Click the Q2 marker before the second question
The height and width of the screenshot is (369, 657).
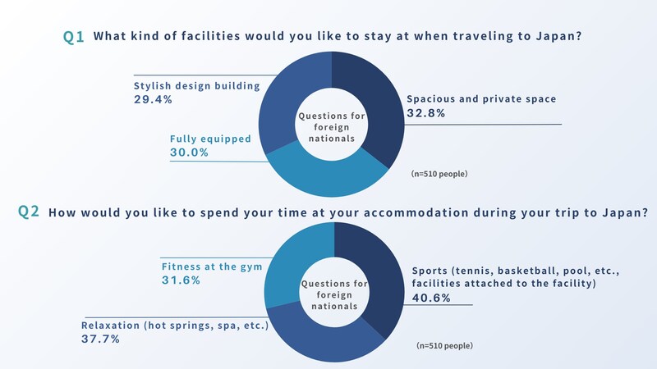click(x=29, y=212)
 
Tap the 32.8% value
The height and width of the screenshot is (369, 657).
click(x=425, y=113)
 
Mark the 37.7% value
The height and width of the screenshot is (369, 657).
click(x=100, y=339)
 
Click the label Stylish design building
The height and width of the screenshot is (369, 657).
click(x=196, y=84)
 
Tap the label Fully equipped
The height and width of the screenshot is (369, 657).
click(x=210, y=139)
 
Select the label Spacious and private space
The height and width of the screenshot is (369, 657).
click(x=481, y=98)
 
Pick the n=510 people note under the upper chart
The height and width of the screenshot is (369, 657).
click(x=439, y=175)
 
